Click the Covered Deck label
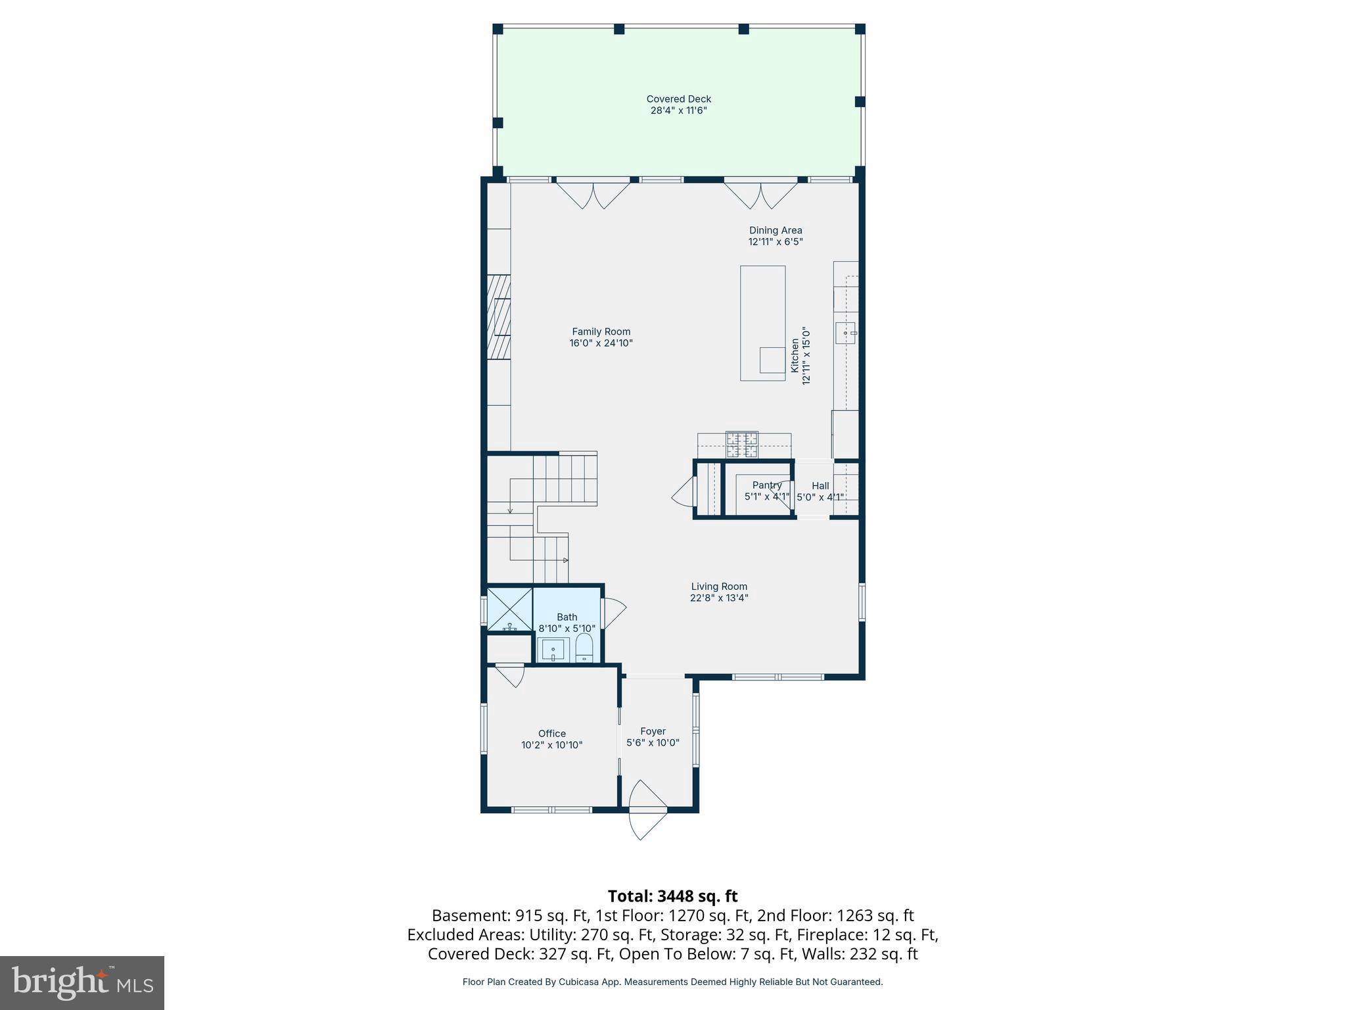678,99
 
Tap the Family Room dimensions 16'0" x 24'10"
601,343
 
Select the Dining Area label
776,230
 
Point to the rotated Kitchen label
795,356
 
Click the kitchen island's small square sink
772,360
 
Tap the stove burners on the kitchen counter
741,445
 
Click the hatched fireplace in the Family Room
499,317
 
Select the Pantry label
766,485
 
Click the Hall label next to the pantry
820,486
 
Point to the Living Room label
719,587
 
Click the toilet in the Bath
584,648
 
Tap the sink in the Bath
553,650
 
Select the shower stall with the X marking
509,610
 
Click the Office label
551,734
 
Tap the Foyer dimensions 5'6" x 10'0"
653,743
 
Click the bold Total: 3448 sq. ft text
672,896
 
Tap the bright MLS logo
82,983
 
